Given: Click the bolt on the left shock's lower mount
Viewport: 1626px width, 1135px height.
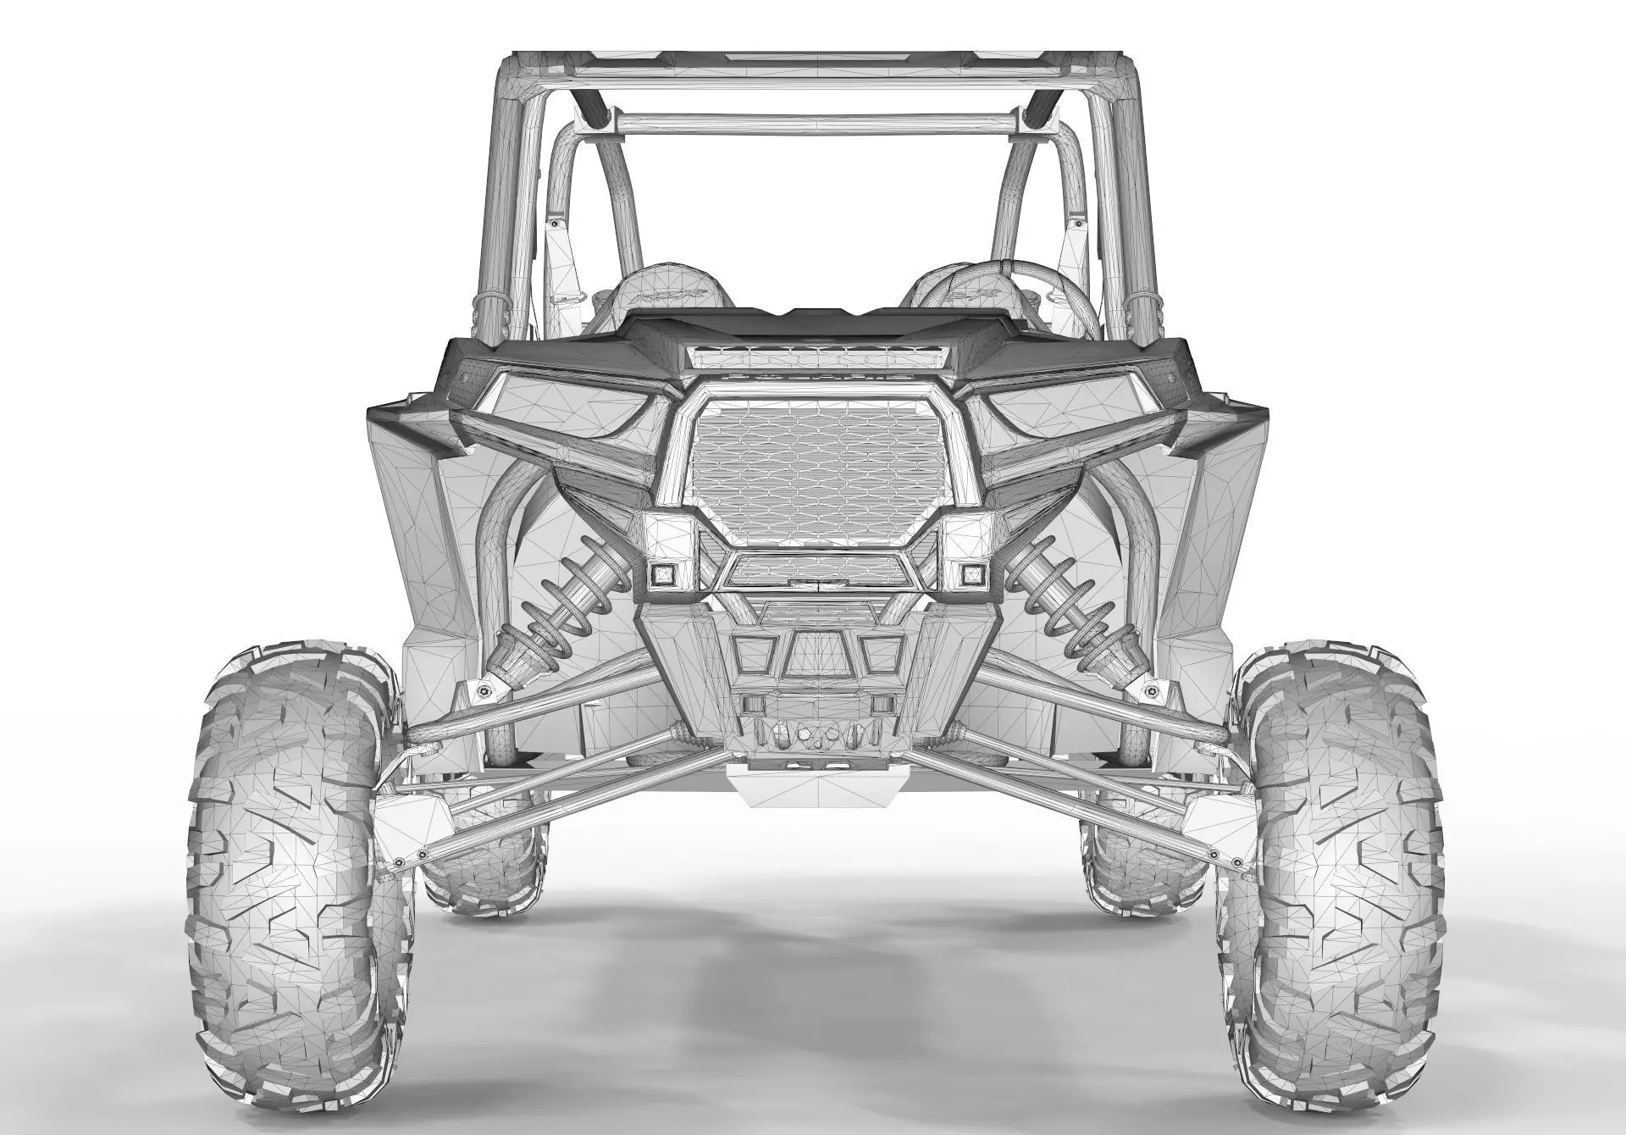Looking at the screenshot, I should tap(483, 692).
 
